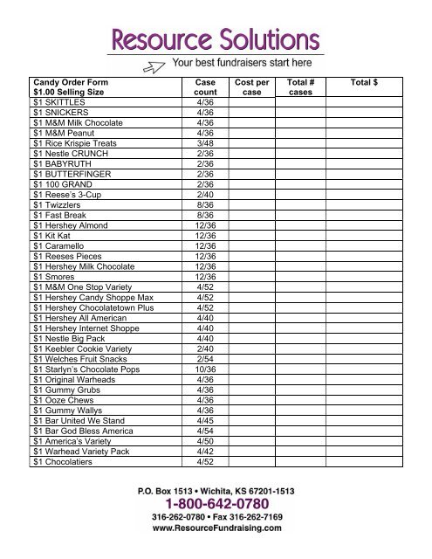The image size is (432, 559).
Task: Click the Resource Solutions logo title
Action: coord(215,38)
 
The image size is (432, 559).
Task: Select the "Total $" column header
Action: coord(362,81)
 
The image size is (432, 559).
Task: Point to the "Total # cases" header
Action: coord(300,86)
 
